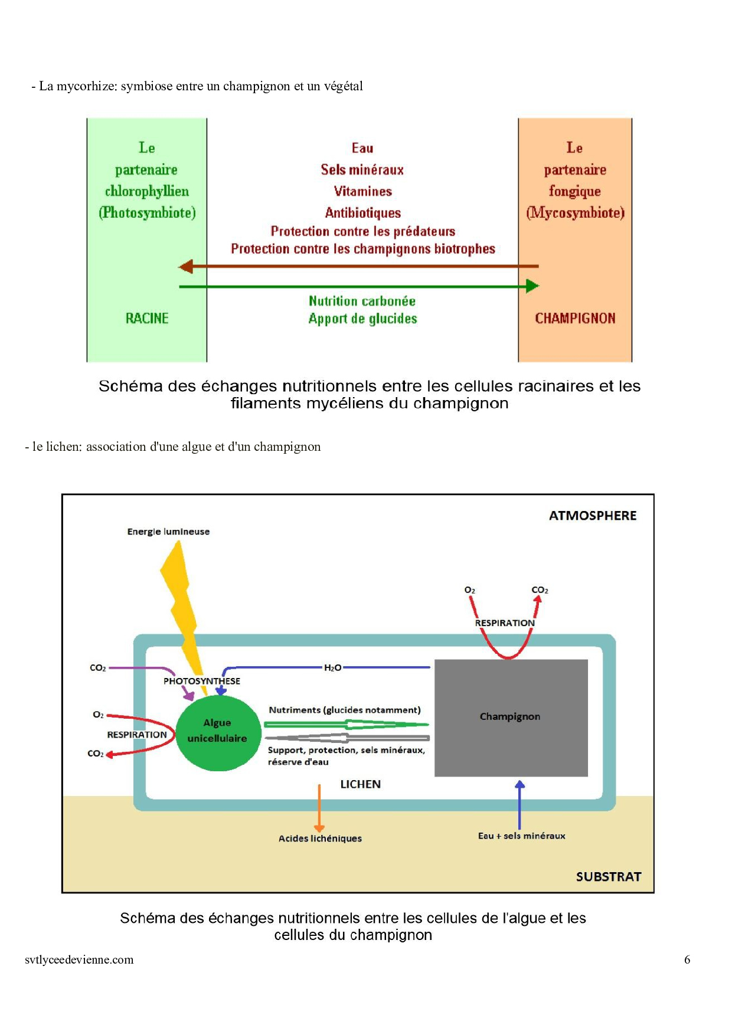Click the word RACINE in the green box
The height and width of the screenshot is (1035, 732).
pos(147,319)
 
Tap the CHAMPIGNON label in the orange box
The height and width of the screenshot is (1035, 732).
pos(575,319)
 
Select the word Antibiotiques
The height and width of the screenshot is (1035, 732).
pos(362,212)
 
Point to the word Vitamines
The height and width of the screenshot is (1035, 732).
pos(362,191)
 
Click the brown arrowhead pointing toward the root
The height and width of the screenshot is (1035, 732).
pos(186,267)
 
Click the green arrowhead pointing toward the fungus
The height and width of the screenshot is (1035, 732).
pos(532,286)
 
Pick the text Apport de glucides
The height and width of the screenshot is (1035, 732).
pos(362,319)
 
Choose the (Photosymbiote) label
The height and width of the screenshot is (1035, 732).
pos(147,212)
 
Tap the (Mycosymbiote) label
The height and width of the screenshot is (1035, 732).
pos(575,212)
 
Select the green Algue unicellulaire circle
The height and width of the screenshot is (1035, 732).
pos(218,733)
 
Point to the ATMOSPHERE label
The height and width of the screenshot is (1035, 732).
pos(593,516)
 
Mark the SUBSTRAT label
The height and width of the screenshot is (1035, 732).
pos(608,877)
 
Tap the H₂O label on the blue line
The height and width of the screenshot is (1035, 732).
pos(333,668)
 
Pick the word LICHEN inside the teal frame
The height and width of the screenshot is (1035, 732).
pos(360,784)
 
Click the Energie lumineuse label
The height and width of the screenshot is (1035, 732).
pos(168,532)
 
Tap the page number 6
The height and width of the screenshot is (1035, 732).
pos(687,959)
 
